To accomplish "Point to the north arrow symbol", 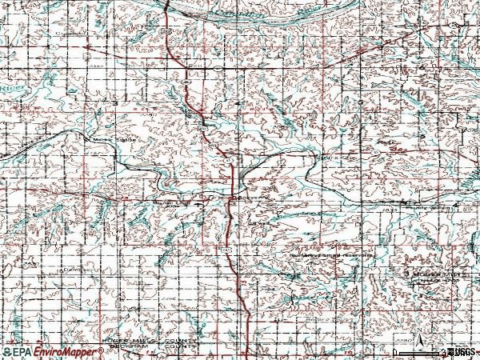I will tap(415, 334).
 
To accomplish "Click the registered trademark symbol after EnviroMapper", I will tap(101, 349).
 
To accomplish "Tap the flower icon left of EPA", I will tap(6, 351).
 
